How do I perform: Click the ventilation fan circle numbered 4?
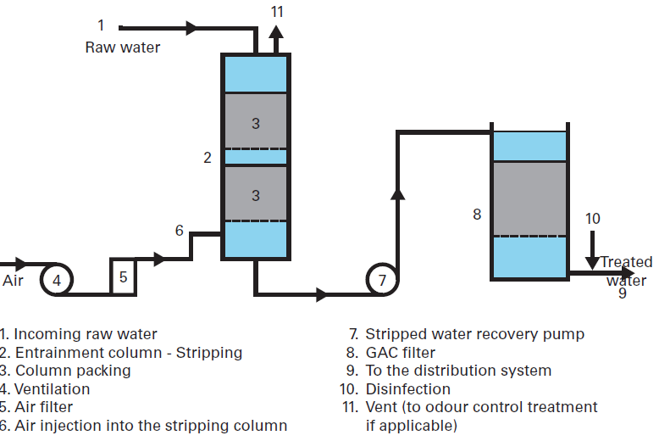click(x=57, y=279)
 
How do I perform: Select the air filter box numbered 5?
click(x=124, y=276)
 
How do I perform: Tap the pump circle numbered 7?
click(x=382, y=279)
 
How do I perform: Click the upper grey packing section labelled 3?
click(x=255, y=122)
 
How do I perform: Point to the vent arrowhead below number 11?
click(x=276, y=34)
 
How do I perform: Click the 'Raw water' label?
click(x=122, y=47)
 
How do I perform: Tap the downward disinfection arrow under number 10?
click(x=593, y=260)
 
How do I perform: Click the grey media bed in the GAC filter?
click(x=529, y=198)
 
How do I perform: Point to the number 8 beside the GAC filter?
click(x=477, y=215)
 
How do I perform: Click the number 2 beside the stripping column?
click(x=207, y=157)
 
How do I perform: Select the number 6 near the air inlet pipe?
click(x=179, y=231)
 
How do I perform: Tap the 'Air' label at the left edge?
click(x=13, y=280)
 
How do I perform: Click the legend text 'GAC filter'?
click(x=400, y=352)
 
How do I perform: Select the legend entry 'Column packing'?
click(x=72, y=371)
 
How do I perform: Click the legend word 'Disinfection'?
click(x=407, y=389)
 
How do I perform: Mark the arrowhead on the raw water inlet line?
click(x=191, y=28)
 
